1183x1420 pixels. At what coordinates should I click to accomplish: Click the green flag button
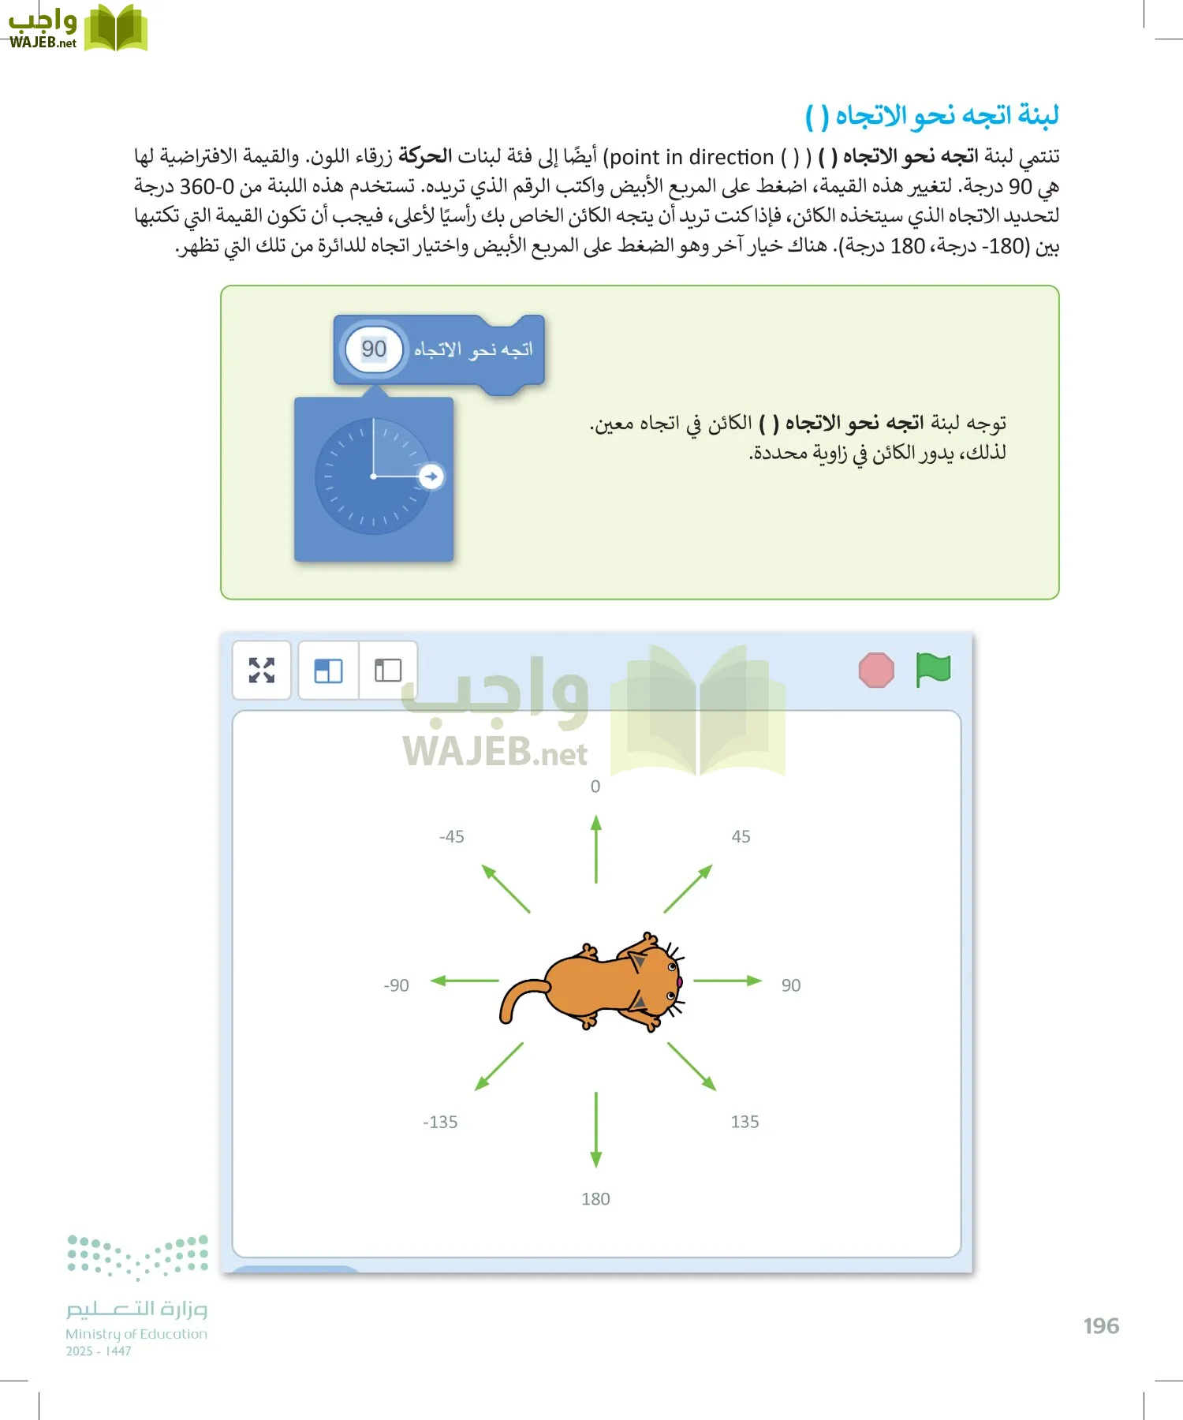933,670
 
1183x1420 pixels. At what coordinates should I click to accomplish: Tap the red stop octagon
876,671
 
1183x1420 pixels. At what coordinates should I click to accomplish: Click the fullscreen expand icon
262,671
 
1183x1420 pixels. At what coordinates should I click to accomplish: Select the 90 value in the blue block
374,349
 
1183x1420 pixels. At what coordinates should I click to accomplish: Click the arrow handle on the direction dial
431,476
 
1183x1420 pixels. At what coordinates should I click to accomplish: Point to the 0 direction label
595,787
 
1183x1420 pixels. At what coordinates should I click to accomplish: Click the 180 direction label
595,1199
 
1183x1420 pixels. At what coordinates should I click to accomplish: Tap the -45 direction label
452,837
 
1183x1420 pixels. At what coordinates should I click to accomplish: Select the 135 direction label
745,1122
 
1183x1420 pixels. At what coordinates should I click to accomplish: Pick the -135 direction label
440,1122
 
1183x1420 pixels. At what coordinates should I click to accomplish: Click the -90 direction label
396,985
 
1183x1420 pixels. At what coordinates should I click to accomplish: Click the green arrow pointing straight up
596,849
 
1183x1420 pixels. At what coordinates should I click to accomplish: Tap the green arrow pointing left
465,981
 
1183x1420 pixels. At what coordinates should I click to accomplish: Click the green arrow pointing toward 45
688,889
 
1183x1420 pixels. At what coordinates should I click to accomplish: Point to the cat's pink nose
678,982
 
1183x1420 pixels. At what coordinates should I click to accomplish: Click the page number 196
1101,1326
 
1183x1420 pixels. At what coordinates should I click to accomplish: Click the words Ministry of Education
136,1334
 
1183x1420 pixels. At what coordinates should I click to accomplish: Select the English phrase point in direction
692,157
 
